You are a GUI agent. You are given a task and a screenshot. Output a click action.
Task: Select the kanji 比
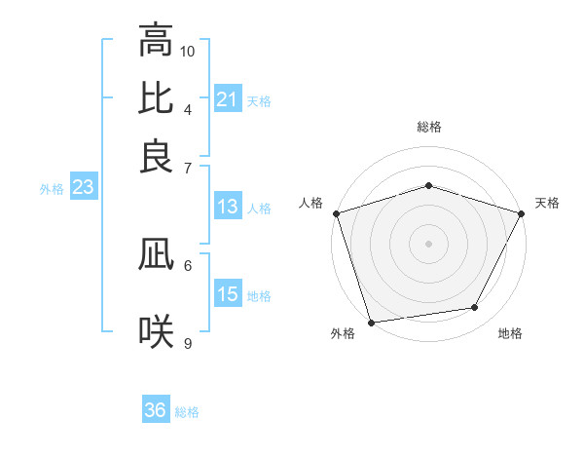[156, 97]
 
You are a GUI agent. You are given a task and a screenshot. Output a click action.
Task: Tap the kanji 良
[156, 155]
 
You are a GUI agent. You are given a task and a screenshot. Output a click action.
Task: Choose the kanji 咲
[156, 332]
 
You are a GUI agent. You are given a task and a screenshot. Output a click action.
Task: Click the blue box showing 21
[227, 99]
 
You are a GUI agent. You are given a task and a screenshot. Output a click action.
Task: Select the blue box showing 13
[227, 207]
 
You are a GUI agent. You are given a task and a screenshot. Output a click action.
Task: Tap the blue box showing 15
[227, 295]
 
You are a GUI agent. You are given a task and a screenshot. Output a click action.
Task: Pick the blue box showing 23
[83, 188]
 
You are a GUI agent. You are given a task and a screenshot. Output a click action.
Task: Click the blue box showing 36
[156, 410]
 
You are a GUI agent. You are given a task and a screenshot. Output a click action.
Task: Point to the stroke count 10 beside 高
[188, 50]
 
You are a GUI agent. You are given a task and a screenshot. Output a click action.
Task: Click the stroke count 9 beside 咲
[188, 343]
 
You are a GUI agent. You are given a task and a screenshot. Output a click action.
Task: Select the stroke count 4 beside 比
[188, 108]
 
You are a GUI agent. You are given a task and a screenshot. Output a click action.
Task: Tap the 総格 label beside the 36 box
[187, 412]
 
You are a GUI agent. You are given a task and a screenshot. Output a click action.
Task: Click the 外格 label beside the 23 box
[52, 189]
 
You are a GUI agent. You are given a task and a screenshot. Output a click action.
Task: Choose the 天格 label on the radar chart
[548, 203]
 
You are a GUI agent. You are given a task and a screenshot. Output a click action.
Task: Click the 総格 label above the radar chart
[429, 127]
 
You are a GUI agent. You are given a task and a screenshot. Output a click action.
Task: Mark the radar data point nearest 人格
[337, 213]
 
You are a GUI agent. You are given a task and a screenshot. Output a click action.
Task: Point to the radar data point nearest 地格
[475, 308]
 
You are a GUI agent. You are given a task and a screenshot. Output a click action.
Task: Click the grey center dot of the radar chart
[428, 243]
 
